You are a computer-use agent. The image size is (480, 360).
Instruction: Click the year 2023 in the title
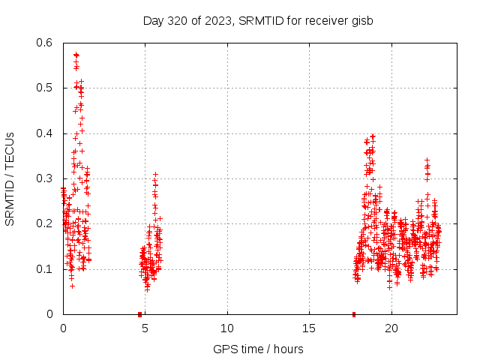217,20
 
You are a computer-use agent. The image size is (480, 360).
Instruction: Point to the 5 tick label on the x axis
145,328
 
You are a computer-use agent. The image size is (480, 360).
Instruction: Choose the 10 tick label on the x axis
226,328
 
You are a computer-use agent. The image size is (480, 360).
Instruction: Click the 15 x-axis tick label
308,328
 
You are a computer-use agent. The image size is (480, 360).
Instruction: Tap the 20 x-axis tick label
391,328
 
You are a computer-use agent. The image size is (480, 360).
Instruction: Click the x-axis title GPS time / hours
258,349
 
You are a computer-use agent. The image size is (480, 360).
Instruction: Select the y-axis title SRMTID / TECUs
10,178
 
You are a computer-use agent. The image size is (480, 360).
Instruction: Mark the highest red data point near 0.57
76,55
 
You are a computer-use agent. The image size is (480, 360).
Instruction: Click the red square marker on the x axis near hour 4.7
139,313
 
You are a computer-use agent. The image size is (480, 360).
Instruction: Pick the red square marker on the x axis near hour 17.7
353,313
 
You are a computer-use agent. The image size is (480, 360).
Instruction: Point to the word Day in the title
152,20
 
